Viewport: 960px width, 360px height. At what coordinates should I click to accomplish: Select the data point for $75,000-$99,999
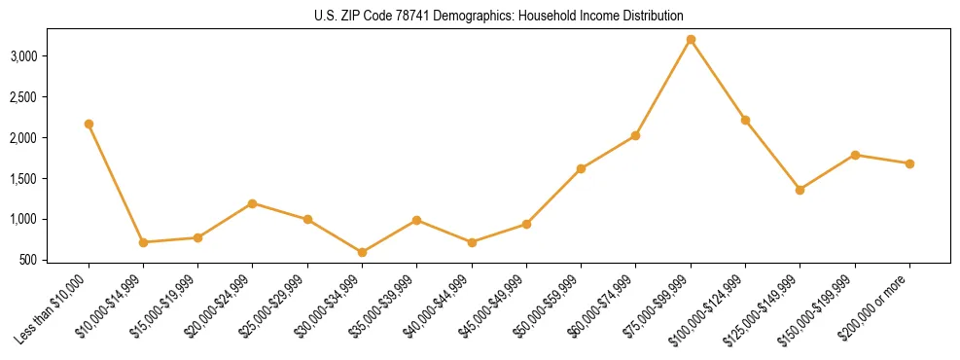click(x=691, y=40)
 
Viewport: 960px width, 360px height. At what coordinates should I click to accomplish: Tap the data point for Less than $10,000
click(x=89, y=124)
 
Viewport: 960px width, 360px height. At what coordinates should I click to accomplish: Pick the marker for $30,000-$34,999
click(x=362, y=252)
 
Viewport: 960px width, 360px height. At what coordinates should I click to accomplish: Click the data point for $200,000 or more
click(x=909, y=163)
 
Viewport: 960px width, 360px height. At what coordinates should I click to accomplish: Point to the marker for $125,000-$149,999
click(x=800, y=190)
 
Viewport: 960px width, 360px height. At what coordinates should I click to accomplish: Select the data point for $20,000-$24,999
click(x=253, y=203)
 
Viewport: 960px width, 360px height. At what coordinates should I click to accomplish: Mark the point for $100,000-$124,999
click(x=745, y=120)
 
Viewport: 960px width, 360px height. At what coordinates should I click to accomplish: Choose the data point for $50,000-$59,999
click(x=581, y=168)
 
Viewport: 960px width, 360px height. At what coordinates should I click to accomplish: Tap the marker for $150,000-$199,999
click(x=855, y=155)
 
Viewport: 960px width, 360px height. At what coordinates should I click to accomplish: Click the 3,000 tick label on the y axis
click(x=50, y=56)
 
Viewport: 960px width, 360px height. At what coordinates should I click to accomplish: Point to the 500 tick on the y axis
click(x=55, y=260)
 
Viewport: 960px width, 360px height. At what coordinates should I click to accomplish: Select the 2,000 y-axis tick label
click(x=50, y=138)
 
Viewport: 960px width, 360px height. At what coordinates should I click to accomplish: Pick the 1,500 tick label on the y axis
click(x=50, y=179)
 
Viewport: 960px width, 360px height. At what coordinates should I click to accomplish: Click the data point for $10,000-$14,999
click(x=143, y=242)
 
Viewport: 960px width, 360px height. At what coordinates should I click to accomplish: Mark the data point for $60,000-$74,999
click(x=635, y=135)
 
